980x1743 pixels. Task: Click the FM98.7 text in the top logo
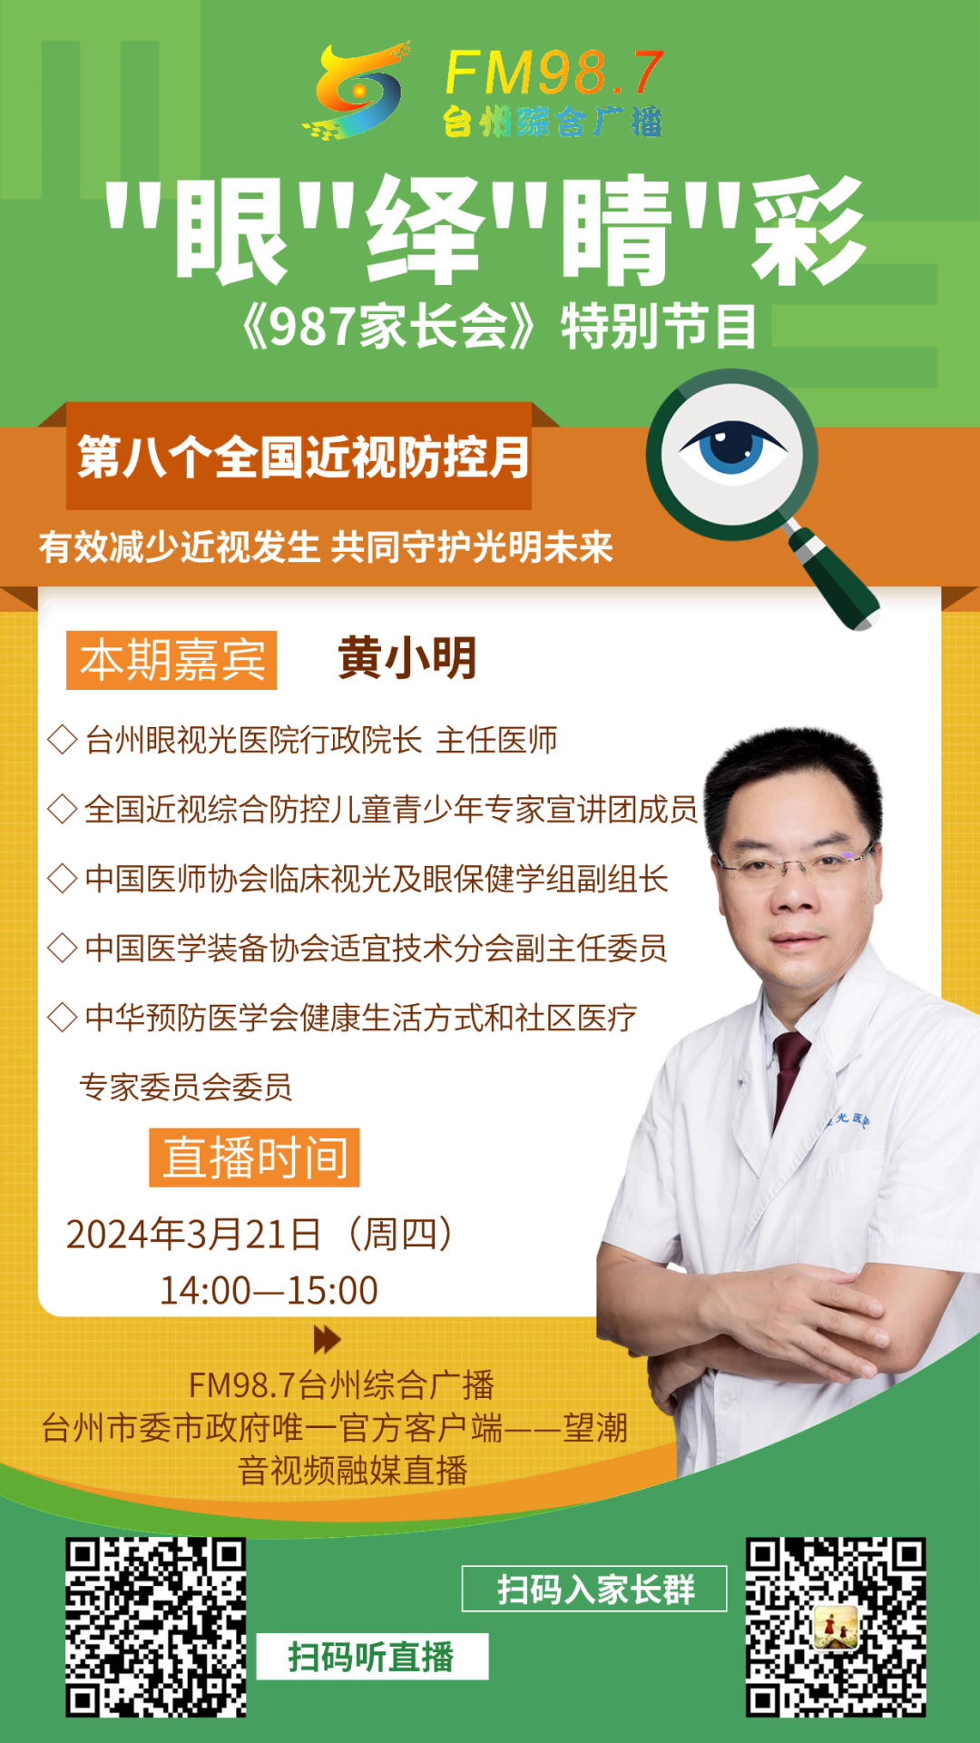tap(554, 74)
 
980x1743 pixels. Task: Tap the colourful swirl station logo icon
tap(355, 91)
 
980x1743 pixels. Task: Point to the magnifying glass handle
tap(833, 578)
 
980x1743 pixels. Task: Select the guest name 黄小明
tap(407, 657)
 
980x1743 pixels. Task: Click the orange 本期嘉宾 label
tap(171, 660)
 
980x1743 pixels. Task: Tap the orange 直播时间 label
tap(254, 1157)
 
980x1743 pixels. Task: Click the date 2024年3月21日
tap(193, 1234)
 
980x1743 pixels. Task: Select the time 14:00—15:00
tap(269, 1290)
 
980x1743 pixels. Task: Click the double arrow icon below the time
tap(327, 1339)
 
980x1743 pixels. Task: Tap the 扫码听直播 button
tap(372, 1657)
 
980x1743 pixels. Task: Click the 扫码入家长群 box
tap(594, 1589)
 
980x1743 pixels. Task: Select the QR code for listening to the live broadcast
tap(156, 1627)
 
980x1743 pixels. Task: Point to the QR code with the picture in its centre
tap(836, 1627)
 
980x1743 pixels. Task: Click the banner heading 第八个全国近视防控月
tap(303, 457)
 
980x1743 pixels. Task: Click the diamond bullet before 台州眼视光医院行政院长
tap(62, 740)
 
